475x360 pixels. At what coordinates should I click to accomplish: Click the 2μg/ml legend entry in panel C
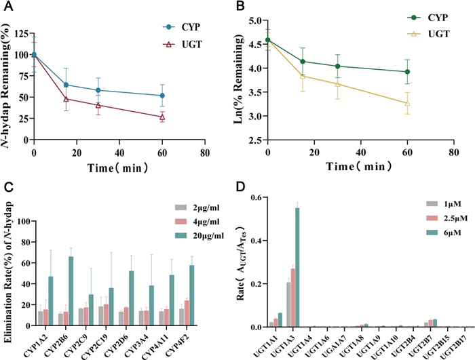pos(188,207)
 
